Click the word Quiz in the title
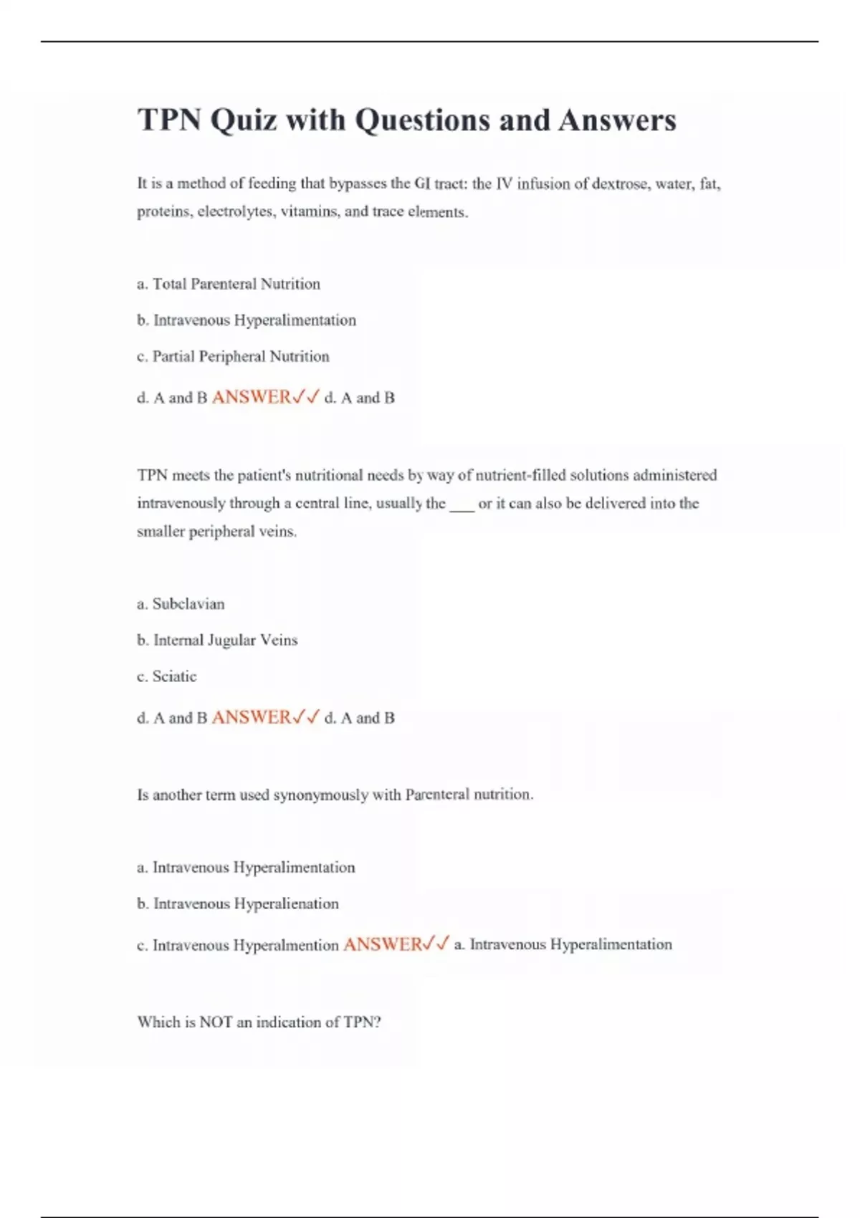243,120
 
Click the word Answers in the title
617,120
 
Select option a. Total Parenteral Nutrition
229,284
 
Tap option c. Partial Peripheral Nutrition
233,356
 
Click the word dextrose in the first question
621,183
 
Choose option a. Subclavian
181,604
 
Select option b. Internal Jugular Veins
217,640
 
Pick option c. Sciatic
167,676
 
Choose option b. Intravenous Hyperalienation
238,903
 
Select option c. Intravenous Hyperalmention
238,945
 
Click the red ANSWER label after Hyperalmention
383,944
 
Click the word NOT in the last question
216,1022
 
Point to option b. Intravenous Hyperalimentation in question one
247,320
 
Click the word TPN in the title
169,120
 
